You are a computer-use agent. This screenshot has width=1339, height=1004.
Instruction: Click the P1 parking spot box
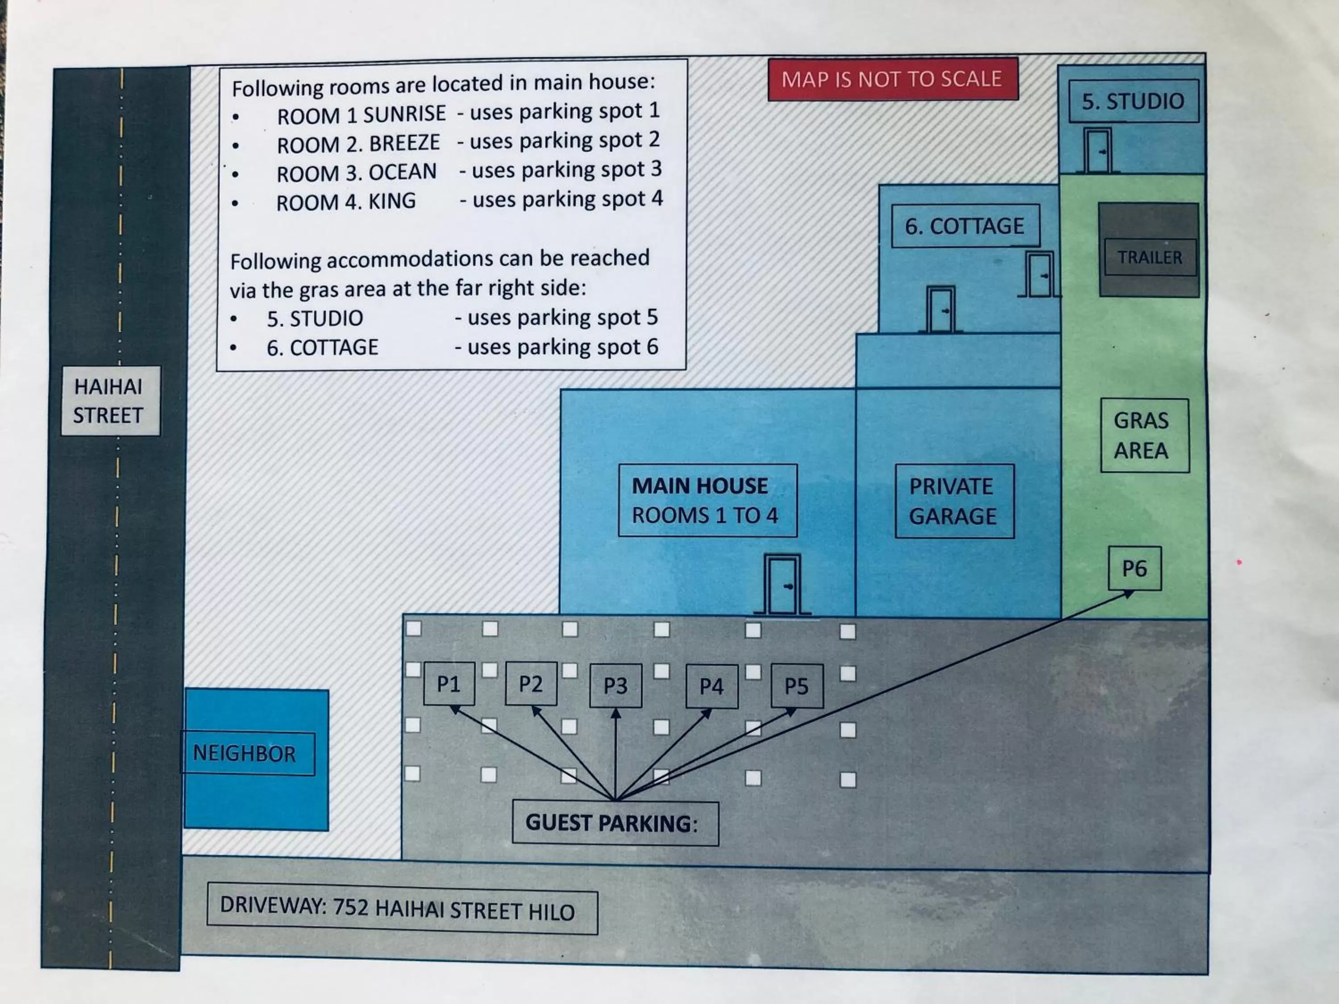click(x=449, y=684)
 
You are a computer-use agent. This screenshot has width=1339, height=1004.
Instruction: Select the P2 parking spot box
click(x=531, y=684)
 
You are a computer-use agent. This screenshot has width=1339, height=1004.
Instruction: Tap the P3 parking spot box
click(x=615, y=686)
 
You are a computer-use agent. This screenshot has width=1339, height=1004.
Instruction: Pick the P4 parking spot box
click(x=711, y=686)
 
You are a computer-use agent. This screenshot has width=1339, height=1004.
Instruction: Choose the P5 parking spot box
click(x=797, y=686)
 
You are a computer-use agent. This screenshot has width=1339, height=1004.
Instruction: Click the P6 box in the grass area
click(x=1135, y=568)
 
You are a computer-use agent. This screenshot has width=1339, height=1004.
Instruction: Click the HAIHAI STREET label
click(x=109, y=401)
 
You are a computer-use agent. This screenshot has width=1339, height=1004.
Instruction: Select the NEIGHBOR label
click(x=246, y=754)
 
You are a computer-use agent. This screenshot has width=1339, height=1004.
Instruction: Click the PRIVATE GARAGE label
click(x=953, y=501)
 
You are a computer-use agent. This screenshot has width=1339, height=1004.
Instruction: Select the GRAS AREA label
click(x=1144, y=435)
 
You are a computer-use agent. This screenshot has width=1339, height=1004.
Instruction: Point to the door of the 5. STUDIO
click(x=1097, y=151)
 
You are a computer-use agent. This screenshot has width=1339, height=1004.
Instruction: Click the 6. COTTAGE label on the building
click(x=965, y=226)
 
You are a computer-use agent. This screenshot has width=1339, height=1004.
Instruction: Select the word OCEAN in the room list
click(x=402, y=172)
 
